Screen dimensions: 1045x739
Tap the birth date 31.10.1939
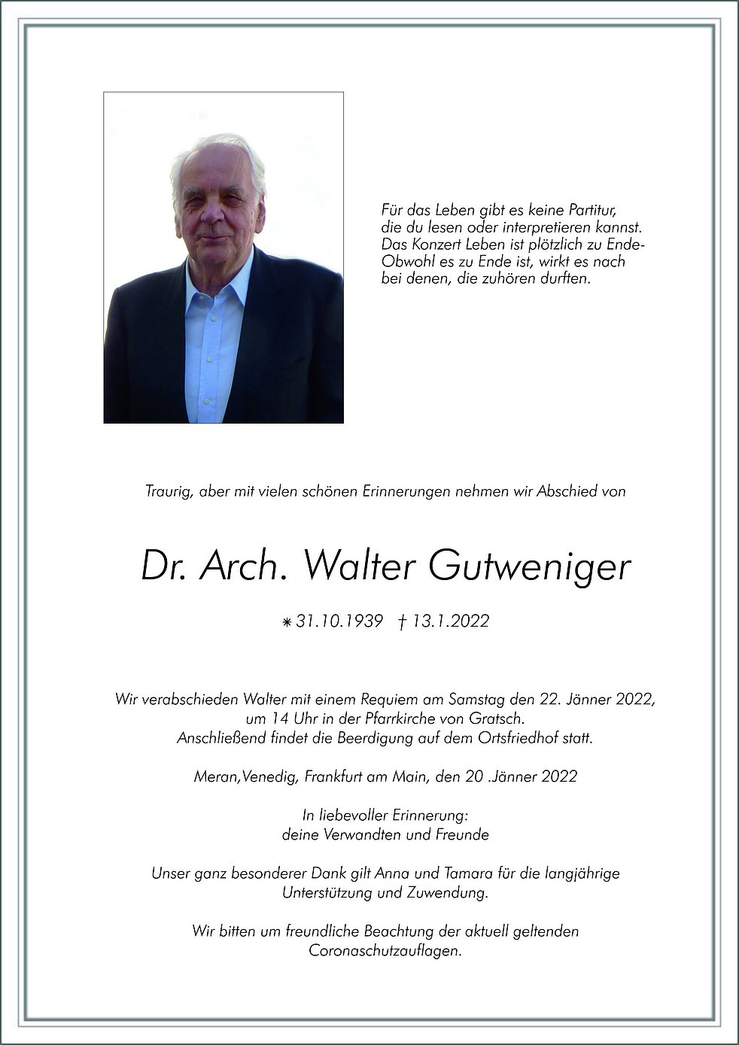339,621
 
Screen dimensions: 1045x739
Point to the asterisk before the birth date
286,622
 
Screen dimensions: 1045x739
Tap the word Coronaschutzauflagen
385,951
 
